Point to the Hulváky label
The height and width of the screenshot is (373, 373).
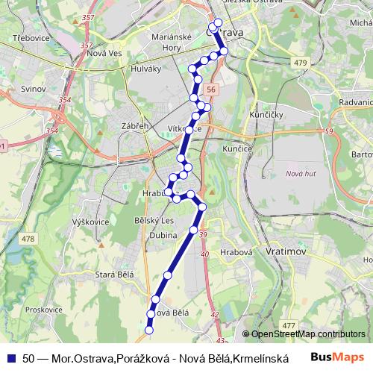(153, 72)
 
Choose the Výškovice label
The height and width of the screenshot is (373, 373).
(91, 222)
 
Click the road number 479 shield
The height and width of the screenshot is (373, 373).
(300, 63)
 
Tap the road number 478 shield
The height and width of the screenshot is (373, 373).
(28, 239)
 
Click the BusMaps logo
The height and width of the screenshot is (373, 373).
(337, 357)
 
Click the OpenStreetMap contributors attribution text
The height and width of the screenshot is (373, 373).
(307, 334)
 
